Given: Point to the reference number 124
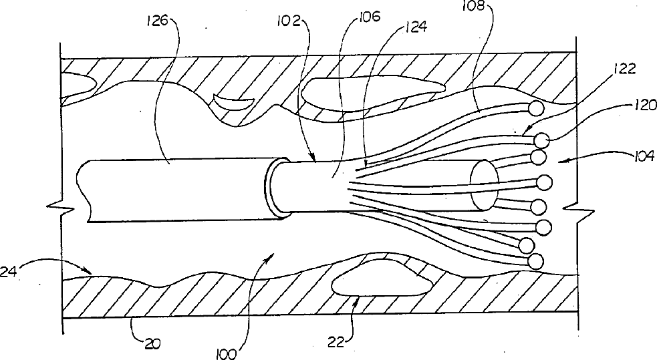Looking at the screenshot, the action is pyautogui.click(x=415, y=29).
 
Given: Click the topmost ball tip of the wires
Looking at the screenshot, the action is pyautogui.click(x=535, y=108).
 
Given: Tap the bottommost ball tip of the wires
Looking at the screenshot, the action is pyautogui.click(x=535, y=260).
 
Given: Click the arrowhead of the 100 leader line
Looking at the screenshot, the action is pyautogui.click(x=271, y=254).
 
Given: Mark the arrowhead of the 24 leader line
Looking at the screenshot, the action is pyautogui.click(x=91, y=271).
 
